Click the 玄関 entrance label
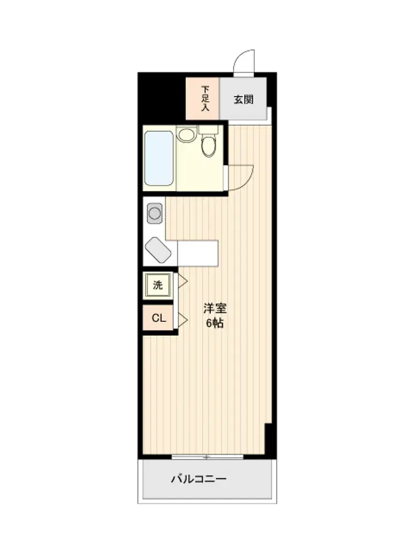click(243, 100)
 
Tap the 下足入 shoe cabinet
click(203, 98)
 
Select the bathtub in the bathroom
click(159, 158)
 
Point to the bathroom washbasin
click(186, 135)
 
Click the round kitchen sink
click(155, 213)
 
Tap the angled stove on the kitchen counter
click(158, 250)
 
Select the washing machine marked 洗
click(158, 285)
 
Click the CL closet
click(158, 318)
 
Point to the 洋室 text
click(215, 308)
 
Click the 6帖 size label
click(215, 323)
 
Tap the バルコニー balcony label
click(199, 479)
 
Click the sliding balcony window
click(208, 457)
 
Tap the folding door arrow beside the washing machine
click(182, 281)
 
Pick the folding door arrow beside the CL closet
click(182, 320)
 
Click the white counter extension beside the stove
click(198, 253)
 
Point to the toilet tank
click(209, 130)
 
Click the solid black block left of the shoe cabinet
click(162, 97)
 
